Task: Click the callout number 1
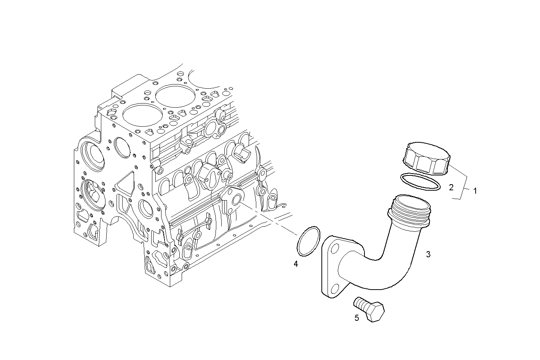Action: tap(475, 191)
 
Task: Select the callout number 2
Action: tap(451, 187)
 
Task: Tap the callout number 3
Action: tap(428, 254)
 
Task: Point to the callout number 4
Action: tap(296, 263)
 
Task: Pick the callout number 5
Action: tap(357, 318)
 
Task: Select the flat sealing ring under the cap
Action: tap(420, 182)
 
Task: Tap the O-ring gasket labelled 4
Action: tap(308, 241)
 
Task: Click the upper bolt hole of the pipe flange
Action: tap(335, 249)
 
